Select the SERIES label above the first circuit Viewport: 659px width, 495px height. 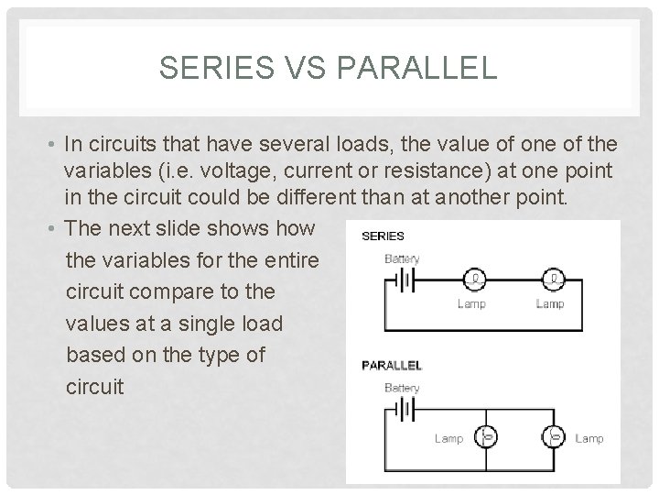(384, 236)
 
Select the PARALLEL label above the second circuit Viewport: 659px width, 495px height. (394, 365)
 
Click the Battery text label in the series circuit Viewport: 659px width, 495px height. (402, 258)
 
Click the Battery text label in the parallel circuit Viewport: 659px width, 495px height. (402, 388)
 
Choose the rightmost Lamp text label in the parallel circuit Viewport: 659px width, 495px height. (589, 438)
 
